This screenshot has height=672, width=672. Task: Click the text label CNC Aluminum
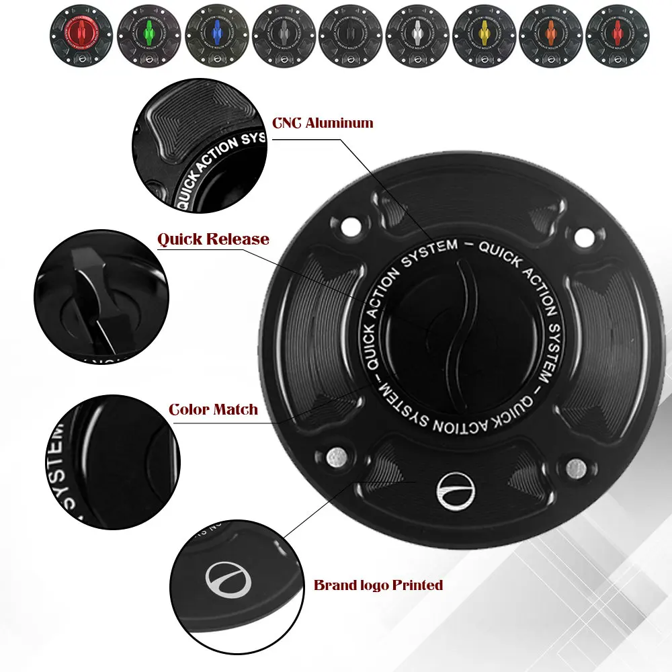(323, 123)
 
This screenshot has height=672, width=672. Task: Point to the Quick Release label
(213, 239)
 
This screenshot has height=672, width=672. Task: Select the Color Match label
(213, 409)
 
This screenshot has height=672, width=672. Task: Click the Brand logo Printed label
(378, 585)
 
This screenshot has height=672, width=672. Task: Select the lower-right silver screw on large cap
(575, 466)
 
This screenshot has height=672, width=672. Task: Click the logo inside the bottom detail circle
(227, 579)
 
